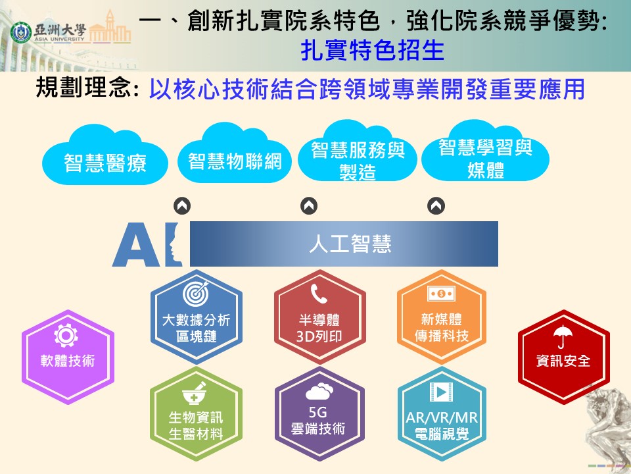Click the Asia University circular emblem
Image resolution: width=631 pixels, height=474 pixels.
pyautogui.click(x=21, y=32)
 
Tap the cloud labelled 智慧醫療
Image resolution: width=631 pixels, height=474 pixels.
pyautogui.click(x=105, y=155)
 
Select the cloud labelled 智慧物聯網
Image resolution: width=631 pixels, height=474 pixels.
pyautogui.click(x=235, y=153)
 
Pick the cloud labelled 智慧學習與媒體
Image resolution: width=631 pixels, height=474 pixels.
pyautogui.click(x=485, y=151)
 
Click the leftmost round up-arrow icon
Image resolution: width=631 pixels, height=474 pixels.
pyautogui.click(x=182, y=206)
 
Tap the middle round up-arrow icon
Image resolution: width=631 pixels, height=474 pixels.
pyautogui.click(x=309, y=206)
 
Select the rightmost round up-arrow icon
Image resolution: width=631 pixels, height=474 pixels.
pyautogui.click(x=436, y=206)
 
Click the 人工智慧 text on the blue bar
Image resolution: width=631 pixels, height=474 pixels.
pyautogui.click(x=350, y=244)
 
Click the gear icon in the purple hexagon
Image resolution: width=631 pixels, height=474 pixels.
pyautogui.click(x=66, y=335)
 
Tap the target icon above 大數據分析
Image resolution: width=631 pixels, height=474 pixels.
pyautogui.click(x=196, y=293)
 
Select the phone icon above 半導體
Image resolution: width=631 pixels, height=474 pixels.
pyautogui.click(x=319, y=293)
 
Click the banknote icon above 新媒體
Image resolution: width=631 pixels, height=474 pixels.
pyautogui.click(x=442, y=294)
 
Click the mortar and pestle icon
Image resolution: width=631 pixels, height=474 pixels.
pyautogui.click(x=195, y=394)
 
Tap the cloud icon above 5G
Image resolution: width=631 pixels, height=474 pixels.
pyautogui.click(x=319, y=391)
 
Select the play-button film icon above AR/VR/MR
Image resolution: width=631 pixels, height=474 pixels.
pyautogui.click(x=442, y=391)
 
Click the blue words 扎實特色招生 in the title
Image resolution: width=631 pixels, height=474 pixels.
pyautogui.click(x=372, y=50)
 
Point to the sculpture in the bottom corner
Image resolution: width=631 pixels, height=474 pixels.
pyautogui.click(x=607, y=427)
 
